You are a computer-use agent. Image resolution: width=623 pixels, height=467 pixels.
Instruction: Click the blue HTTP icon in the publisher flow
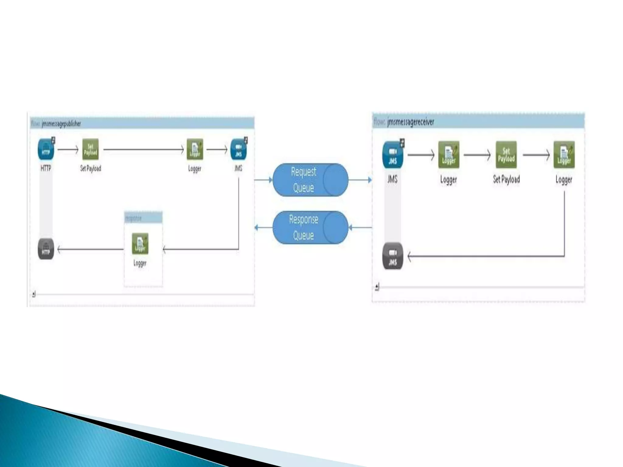coord(46,149)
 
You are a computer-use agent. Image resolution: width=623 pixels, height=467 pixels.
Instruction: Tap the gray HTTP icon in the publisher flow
coord(46,249)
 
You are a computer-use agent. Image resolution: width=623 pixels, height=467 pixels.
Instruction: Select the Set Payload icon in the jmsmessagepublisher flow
coord(90,149)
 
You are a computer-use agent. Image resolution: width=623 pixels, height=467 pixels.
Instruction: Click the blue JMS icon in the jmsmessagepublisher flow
coord(238,149)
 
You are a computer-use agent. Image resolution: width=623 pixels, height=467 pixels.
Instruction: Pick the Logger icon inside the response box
coord(140,244)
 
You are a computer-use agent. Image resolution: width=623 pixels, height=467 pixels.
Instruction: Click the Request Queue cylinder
coord(310,180)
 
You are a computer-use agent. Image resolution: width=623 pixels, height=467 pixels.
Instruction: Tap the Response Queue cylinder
coord(310,227)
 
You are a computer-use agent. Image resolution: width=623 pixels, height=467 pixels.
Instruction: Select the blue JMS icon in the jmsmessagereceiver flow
coord(393,155)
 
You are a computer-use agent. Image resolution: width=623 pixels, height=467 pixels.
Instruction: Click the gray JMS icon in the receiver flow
coord(393,256)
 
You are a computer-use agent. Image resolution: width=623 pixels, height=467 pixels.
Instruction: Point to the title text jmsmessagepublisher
coord(61,124)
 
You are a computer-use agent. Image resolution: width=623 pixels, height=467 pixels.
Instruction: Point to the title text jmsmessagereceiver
coord(411,122)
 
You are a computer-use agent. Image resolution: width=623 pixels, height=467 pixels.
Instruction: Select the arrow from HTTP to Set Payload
coord(68,150)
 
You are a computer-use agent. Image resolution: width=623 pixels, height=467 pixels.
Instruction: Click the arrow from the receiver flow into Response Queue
coord(360,227)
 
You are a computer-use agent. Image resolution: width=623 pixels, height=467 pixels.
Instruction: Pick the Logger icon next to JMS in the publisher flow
coord(195,149)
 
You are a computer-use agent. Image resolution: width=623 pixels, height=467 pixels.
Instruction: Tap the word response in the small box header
coord(134,218)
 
